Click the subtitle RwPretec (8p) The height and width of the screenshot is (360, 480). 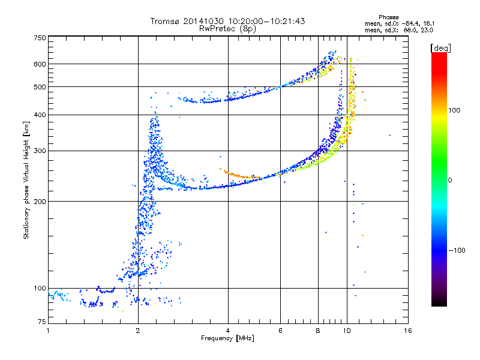(227, 29)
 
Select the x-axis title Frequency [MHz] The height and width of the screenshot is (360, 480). (227, 338)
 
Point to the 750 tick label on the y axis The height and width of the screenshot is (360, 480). (40, 38)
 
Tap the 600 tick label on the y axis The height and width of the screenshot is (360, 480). (40, 64)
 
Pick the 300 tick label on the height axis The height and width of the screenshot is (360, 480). (40, 151)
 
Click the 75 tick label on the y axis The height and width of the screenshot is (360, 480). (42, 322)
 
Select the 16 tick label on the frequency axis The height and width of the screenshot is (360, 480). (408, 331)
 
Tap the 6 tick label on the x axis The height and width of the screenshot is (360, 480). (280, 331)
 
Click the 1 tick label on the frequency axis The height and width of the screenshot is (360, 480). (48, 331)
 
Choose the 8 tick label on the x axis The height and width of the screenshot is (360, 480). (318, 331)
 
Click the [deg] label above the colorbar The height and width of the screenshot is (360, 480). (440, 49)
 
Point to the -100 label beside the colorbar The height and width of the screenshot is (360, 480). (457, 250)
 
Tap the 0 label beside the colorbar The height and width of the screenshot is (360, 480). (450, 181)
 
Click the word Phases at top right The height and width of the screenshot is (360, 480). (388, 17)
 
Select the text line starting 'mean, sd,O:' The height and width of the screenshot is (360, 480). (400, 23)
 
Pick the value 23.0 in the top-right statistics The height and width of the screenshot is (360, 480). (427, 30)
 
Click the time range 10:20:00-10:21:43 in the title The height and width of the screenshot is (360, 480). (266, 21)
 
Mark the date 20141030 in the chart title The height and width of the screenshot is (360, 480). (203, 21)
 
